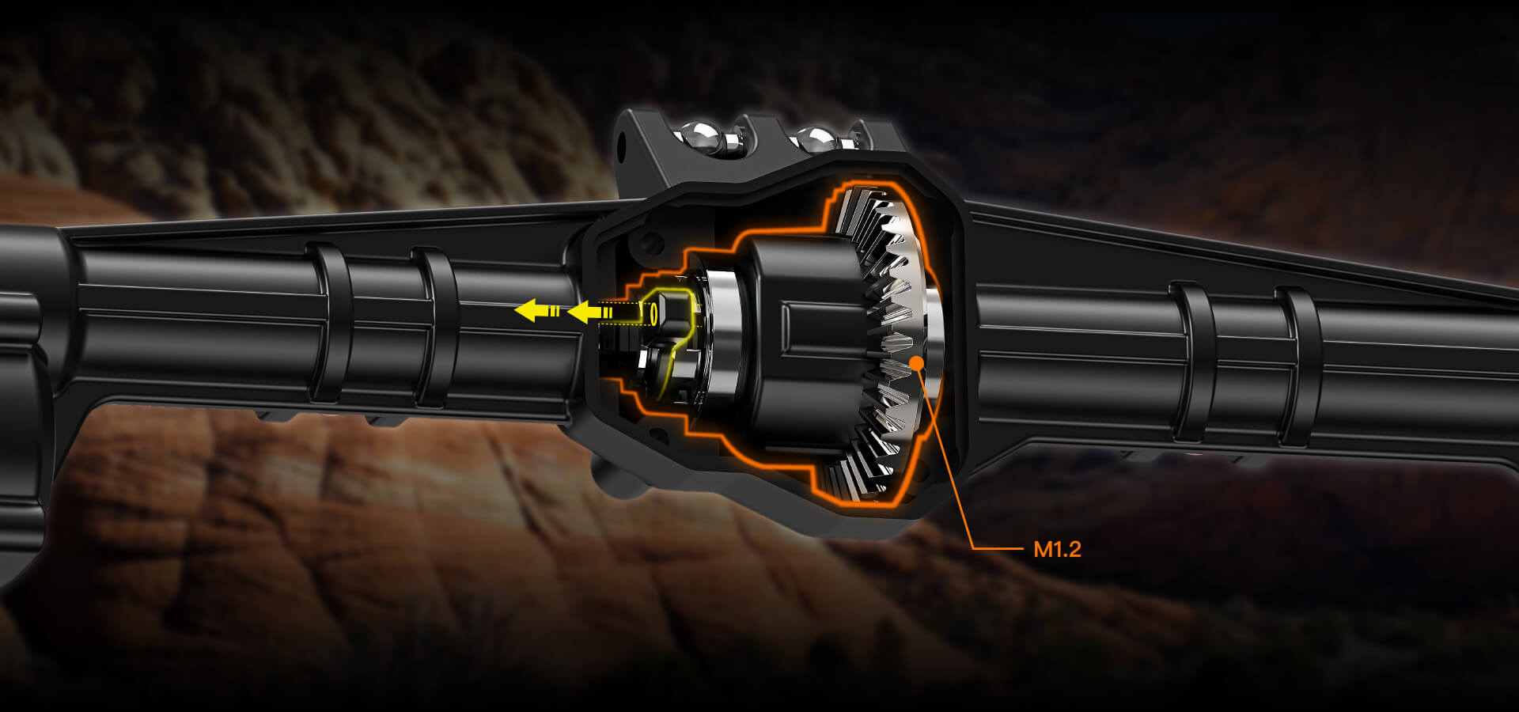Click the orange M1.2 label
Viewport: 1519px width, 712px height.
[x=1057, y=549]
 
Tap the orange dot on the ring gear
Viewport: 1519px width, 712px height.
[x=917, y=362]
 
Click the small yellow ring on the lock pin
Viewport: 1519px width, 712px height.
[x=653, y=314]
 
